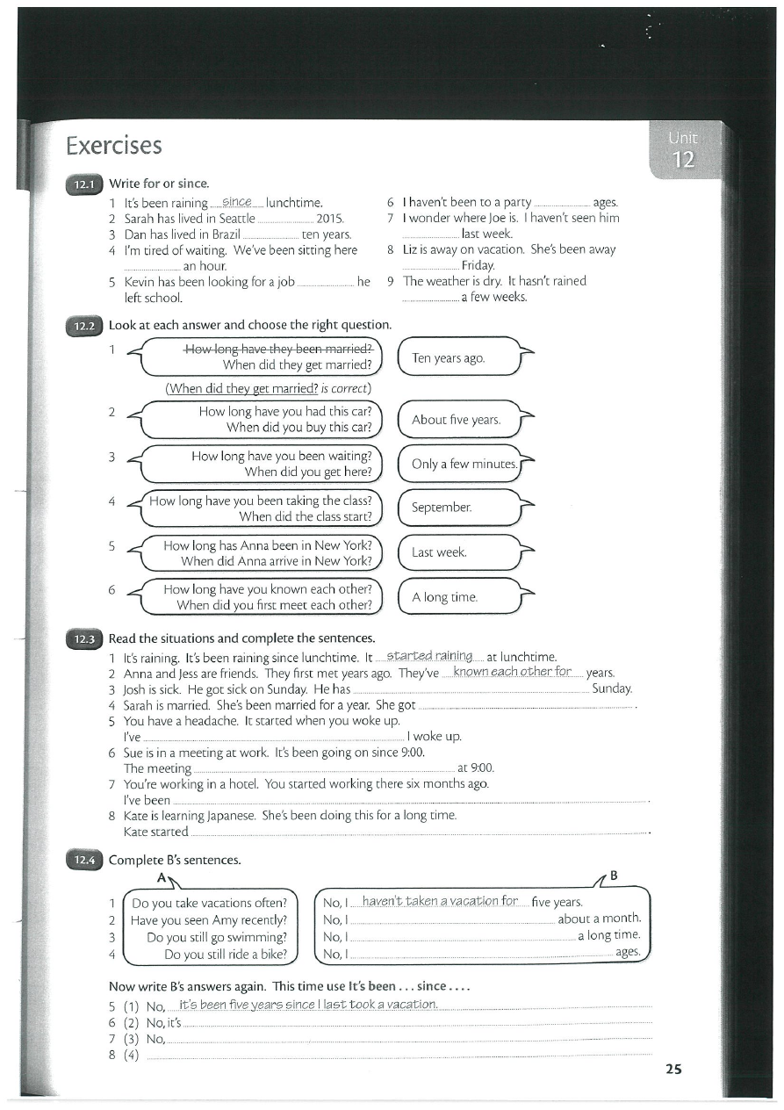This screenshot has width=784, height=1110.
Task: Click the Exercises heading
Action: (114, 145)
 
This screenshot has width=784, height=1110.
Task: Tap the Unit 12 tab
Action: (682, 151)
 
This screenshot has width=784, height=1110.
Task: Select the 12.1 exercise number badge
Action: (83, 184)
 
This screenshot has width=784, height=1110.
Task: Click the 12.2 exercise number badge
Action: (83, 325)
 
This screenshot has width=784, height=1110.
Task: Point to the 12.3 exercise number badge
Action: (83, 638)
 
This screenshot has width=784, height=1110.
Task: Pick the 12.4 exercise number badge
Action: (83, 860)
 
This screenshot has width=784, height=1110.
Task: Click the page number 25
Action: (673, 1069)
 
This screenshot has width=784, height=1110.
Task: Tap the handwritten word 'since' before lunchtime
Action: (237, 203)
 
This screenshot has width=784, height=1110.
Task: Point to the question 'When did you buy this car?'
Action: (299, 428)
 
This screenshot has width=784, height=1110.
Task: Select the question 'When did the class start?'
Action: (306, 516)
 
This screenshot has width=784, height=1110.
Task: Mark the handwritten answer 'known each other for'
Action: (512, 672)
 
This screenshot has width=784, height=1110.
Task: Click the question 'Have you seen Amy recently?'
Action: (209, 919)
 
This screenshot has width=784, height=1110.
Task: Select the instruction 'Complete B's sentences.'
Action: (175, 860)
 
